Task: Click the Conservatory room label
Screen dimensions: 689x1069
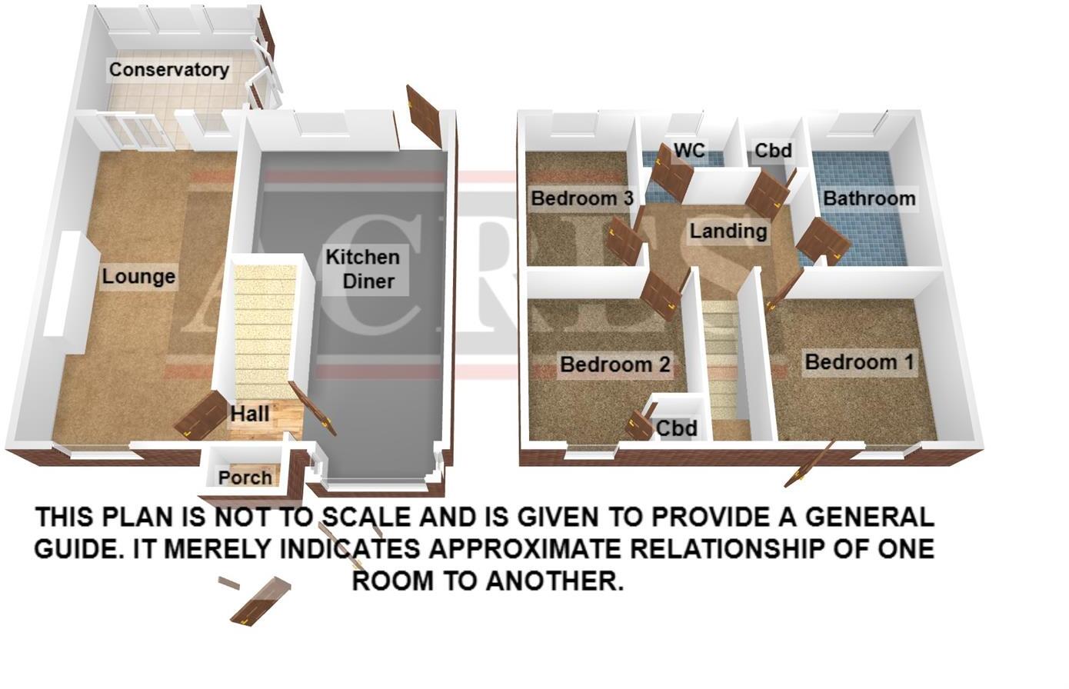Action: (x=168, y=70)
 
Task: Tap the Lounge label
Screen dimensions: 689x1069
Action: (x=138, y=277)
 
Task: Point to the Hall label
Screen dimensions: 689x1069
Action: (x=250, y=414)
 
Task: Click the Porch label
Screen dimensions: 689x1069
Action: (x=245, y=478)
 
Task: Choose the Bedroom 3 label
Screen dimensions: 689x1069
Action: (x=581, y=198)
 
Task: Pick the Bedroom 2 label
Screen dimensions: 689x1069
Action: (x=614, y=364)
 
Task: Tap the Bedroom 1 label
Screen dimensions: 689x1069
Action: (x=860, y=361)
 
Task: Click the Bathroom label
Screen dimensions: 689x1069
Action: (x=869, y=198)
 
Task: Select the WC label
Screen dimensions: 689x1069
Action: (x=689, y=150)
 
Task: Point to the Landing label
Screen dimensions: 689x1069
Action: (x=728, y=231)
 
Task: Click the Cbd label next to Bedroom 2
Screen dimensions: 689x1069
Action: (x=677, y=428)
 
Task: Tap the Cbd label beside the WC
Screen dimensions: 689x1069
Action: (x=772, y=150)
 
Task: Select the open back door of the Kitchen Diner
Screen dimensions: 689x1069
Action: (x=425, y=118)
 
